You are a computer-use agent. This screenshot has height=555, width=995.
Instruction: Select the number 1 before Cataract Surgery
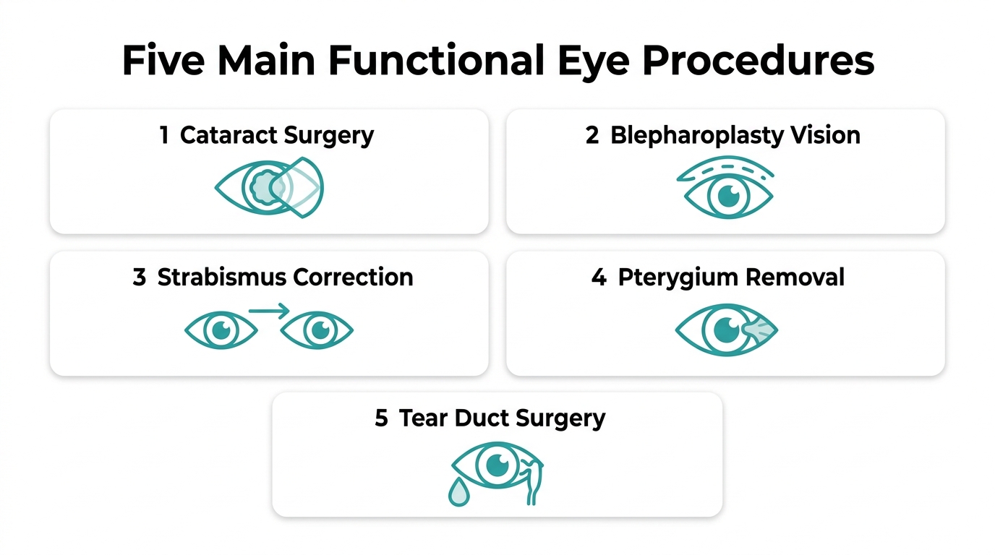point(164,135)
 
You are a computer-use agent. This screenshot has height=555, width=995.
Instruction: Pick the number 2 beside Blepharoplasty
point(592,135)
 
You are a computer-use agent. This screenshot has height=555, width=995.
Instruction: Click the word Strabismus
point(222,277)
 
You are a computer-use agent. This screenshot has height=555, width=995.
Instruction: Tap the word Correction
point(353,277)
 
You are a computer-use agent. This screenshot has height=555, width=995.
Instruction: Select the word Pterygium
point(678,278)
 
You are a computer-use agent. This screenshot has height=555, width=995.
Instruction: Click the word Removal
point(795,277)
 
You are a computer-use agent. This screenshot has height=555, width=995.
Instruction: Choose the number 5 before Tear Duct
point(381,418)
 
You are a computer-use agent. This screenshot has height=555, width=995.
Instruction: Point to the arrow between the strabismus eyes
point(269,310)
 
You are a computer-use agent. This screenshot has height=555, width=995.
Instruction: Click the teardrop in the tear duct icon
point(459,492)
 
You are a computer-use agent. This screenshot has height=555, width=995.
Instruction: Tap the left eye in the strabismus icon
point(221,330)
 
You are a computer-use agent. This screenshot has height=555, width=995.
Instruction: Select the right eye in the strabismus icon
point(317,330)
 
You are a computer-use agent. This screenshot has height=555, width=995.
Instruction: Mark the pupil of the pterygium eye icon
point(727,330)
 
